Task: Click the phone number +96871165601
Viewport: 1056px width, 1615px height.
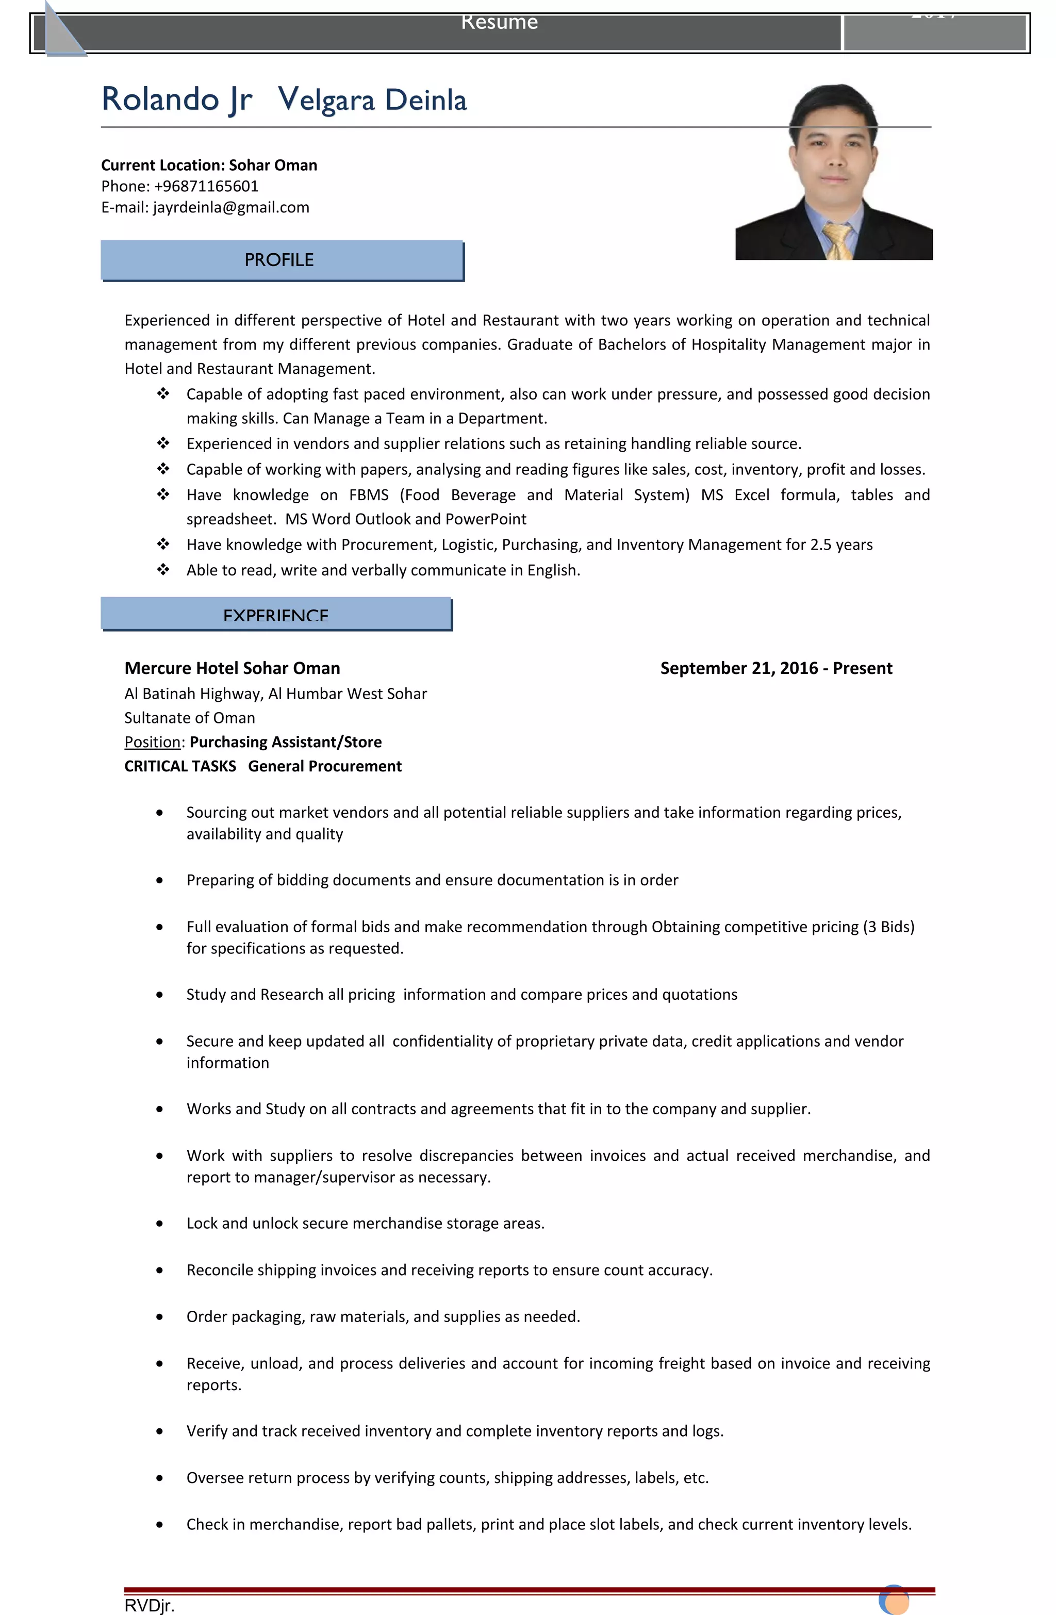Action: [206, 186]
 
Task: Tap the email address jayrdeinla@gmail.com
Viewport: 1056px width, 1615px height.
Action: [231, 208]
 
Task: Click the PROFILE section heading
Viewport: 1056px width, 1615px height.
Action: [279, 260]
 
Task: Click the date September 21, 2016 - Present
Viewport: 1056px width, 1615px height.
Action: [775, 668]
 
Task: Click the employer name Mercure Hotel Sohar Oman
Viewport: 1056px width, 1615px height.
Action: [232, 668]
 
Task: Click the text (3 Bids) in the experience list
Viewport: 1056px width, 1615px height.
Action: [888, 927]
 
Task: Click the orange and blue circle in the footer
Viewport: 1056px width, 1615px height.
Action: [894, 1601]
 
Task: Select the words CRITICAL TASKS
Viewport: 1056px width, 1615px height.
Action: [180, 767]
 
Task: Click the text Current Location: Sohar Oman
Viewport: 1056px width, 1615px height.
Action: [209, 166]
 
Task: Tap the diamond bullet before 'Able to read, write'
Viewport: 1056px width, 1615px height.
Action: [163, 570]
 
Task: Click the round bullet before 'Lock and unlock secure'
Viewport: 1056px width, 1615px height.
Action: [159, 1224]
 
